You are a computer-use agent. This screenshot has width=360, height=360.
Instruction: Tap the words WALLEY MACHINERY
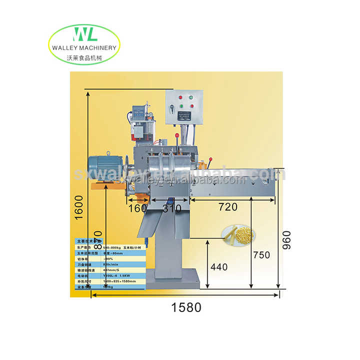click(x=83, y=48)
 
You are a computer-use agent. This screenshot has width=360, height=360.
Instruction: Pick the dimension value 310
click(x=171, y=209)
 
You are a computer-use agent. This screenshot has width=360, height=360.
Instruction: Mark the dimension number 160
click(x=137, y=207)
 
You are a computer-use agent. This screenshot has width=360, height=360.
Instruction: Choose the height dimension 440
click(x=218, y=267)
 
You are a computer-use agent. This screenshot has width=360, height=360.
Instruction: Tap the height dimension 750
click(x=261, y=255)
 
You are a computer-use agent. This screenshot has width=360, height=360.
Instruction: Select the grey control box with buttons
click(x=184, y=106)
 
